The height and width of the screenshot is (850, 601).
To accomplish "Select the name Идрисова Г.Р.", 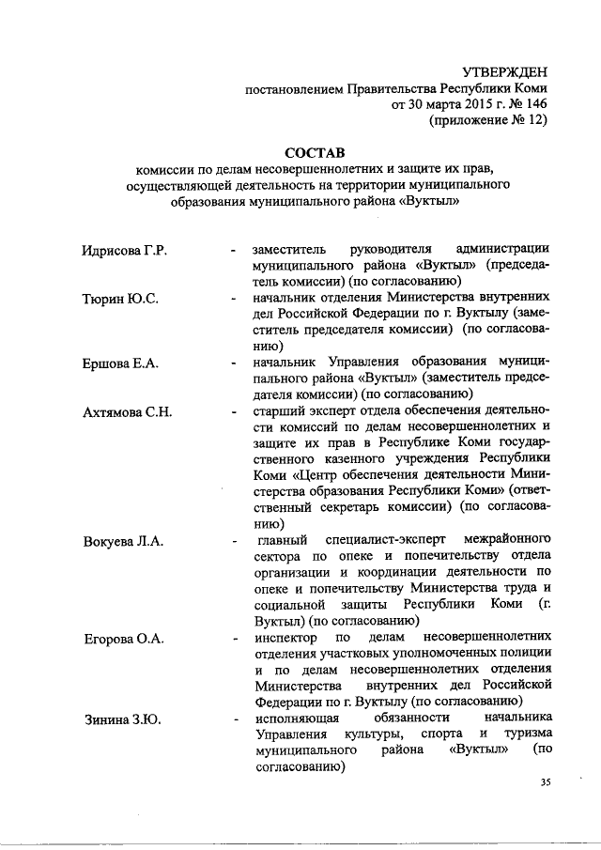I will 123,250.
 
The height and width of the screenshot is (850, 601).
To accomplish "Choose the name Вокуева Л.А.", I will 122,542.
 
